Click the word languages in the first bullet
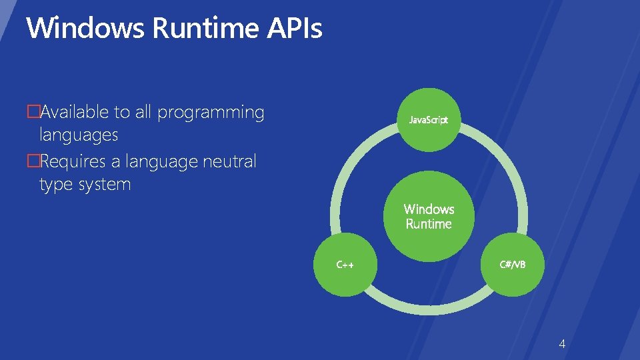[79, 135]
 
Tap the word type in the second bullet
[57, 185]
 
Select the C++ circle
[345, 265]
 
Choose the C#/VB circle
[513, 265]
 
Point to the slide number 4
[562, 344]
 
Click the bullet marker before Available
[31, 112]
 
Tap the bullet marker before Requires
[31, 162]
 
